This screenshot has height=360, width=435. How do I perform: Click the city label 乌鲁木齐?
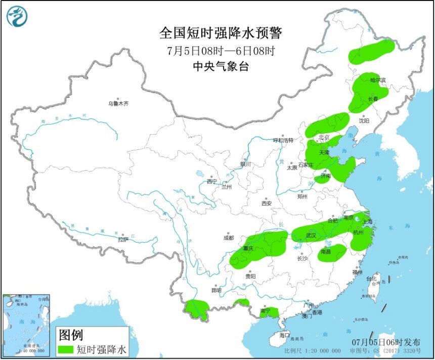[x=118, y=103]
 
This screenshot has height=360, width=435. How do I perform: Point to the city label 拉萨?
[x=123, y=239]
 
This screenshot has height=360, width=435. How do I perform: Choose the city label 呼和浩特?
[x=283, y=140]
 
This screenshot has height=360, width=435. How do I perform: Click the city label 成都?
[x=228, y=237]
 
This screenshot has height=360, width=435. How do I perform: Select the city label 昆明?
[x=216, y=290]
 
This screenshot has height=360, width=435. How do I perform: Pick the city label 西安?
[x=267, y=203]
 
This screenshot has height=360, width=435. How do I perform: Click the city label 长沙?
[x=302, y=258]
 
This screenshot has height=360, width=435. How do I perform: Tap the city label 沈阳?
[x=364, y=121]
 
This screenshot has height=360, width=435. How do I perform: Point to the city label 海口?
[x=285, y=335]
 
